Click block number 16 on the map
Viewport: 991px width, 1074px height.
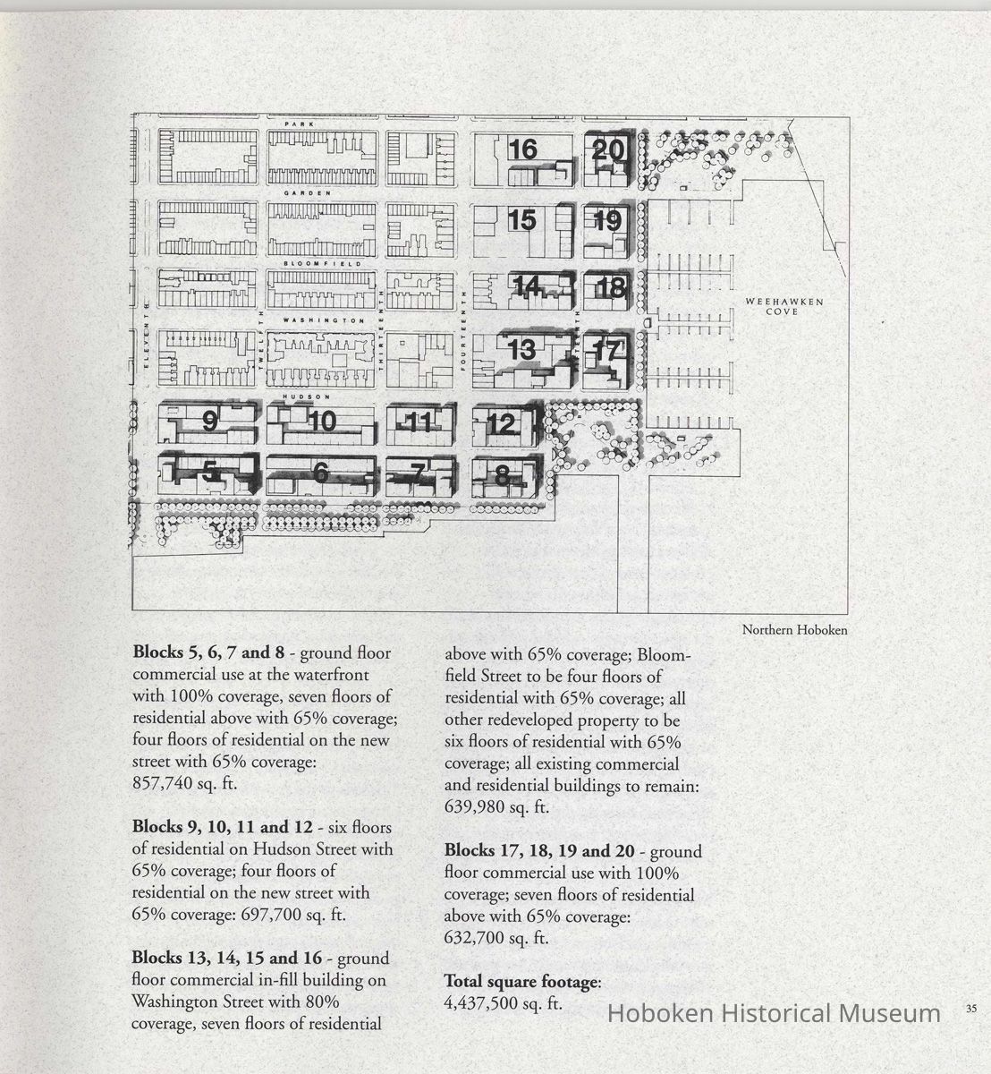point(523,149)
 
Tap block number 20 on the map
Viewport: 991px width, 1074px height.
point(608,150)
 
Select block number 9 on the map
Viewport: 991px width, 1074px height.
point(210,420)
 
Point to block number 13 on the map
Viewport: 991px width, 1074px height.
point(521,350)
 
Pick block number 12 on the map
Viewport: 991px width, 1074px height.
point(503,423)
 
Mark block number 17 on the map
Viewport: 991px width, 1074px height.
point(606,352)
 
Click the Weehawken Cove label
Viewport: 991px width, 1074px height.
point(771,306)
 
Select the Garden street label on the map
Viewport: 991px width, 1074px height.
point(307,193)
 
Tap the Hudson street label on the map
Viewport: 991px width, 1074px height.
point(295,396)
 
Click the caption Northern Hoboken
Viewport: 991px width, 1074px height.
point(794,630)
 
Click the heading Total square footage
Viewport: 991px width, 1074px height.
point(521,982)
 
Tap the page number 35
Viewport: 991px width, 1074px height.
point(971,1009)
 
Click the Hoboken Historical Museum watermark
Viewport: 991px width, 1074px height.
point(774,1013)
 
